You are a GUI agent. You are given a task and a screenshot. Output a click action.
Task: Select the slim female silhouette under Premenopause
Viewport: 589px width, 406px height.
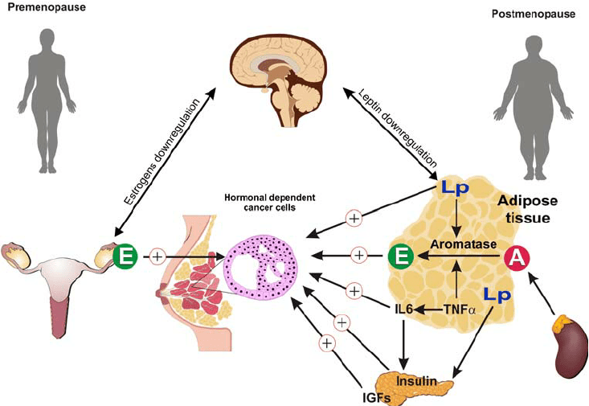(x=49, y=96)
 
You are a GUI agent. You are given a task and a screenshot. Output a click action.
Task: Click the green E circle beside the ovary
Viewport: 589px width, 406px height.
(x=125, y=256)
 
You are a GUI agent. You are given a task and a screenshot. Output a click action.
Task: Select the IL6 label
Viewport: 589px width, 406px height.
(x=403, y=308)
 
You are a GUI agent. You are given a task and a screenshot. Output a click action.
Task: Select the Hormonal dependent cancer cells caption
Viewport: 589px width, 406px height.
(x=261, y=203)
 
